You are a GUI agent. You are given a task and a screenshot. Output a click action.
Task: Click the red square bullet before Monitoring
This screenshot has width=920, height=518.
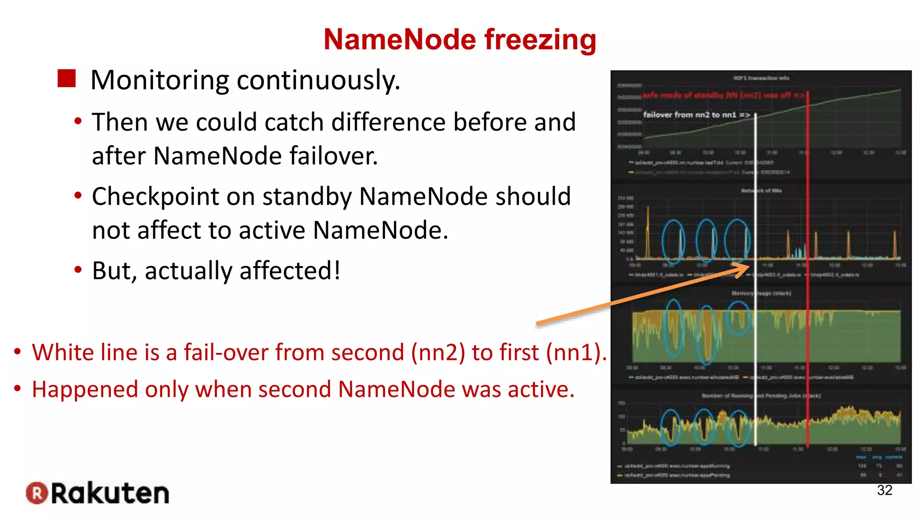67,79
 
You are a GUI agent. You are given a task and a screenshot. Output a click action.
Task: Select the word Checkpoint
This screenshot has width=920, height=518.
173,197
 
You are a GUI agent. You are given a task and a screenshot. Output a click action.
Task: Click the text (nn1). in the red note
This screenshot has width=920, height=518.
576,353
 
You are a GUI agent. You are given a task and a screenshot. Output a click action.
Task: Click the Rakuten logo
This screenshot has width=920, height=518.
98,493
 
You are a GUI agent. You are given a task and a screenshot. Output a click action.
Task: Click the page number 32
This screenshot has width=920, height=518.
884,490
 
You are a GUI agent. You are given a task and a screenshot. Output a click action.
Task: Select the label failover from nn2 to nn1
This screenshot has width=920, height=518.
696,115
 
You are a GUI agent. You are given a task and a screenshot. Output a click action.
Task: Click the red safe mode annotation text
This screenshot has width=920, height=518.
723,95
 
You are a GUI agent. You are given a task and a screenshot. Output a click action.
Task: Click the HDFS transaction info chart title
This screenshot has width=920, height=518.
761,78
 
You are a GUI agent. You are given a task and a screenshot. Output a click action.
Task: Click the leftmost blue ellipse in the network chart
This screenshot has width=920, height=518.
673,241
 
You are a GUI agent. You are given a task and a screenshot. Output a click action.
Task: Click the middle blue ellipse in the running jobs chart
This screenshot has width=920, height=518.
704,427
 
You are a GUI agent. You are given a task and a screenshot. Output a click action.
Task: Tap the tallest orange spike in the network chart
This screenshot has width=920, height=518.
648,232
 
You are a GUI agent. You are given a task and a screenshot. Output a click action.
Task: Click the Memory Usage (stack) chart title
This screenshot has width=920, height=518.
761,293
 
